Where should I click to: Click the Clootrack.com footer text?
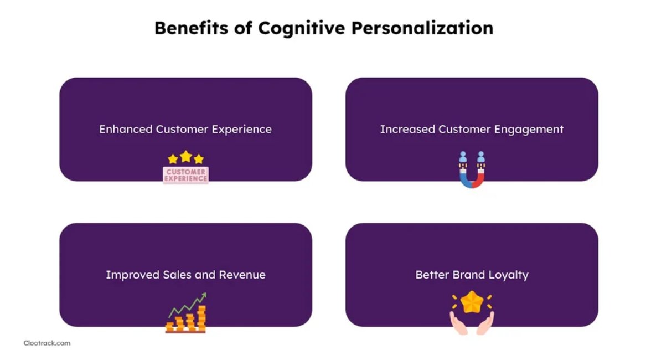pos(47,343)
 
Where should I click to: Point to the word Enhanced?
pos(126,129)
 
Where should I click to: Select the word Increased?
pos(407,129)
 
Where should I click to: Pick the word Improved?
pos(133,275)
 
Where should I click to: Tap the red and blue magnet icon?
pos(472,170)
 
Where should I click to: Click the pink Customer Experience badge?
pos(186,174)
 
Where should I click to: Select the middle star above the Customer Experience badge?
pos(186,156)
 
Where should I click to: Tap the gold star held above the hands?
pos(472,302)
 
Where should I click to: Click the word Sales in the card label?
pos(178,275)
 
